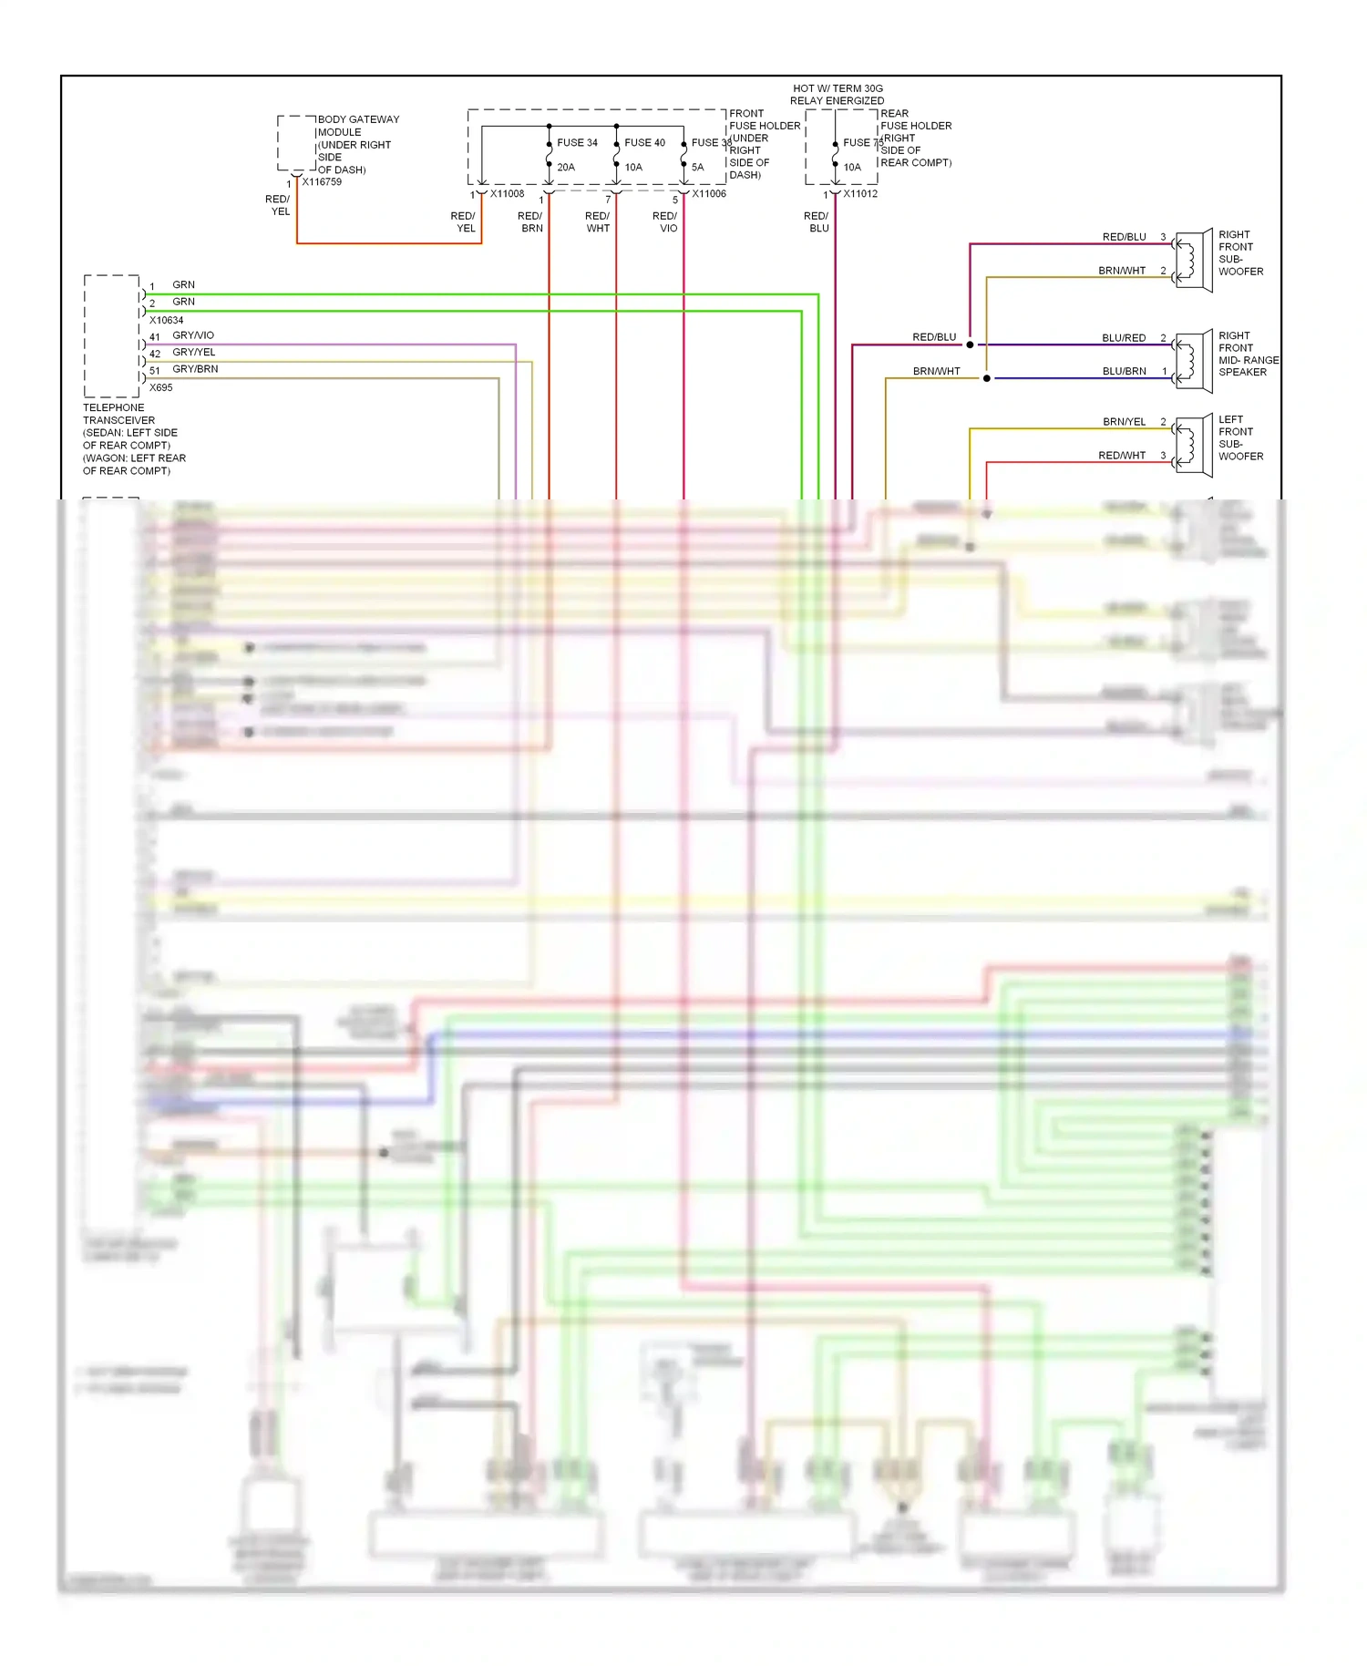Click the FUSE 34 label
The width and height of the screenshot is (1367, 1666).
[x=577, y=143]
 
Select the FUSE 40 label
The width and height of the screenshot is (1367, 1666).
[x=644, y=143]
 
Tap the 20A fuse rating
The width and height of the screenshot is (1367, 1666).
[x=566, y=168]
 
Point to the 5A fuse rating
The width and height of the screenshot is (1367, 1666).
[x=697, y=168]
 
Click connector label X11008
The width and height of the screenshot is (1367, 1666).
[x=507, y=194]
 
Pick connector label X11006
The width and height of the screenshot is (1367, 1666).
[x=708, y=194]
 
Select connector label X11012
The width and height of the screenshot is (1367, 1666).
[x=860, y=194]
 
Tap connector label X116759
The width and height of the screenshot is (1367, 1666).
[x=322, y=182]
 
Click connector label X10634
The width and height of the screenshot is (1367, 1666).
[x=166, y=321]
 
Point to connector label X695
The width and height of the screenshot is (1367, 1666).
[x=160, y=388]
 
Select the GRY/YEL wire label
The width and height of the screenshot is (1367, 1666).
[x=194, y=353]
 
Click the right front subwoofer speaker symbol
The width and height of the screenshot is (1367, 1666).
[x=1193, y=261]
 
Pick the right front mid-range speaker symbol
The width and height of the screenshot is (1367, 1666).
[x=1193, y=362]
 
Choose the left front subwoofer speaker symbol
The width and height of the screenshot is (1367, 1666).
[x=1193, y=446]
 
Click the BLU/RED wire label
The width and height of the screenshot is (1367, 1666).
[x=1124, y=338]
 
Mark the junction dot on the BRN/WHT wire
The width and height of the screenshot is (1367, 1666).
[x=987, y=378]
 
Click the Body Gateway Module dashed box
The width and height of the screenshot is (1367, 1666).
[x=296, y=143]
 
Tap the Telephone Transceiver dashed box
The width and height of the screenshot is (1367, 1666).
[x=112, y=335]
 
